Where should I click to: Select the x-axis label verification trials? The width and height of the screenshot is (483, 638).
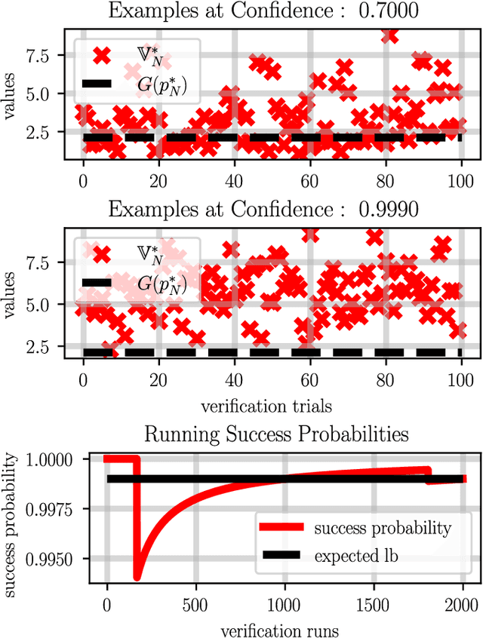click(x=266, y=406)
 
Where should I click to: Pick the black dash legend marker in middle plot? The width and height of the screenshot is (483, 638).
click(x=97, y=282)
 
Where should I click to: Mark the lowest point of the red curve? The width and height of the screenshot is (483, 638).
click(x=137, y=578)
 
